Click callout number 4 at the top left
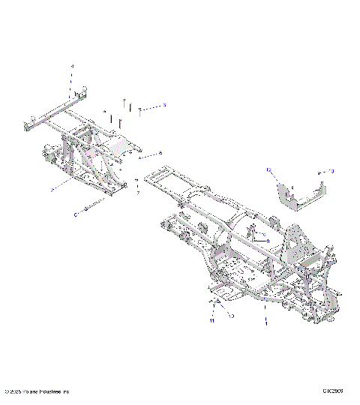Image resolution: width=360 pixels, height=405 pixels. [73, 67]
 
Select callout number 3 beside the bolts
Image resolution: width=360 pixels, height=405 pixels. [165, 105]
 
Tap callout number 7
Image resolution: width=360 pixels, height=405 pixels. [137, 193]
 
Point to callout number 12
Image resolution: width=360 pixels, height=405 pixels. [267, 172]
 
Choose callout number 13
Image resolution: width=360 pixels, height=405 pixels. [332, 172]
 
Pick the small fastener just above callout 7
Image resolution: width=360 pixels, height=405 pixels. [137, 181]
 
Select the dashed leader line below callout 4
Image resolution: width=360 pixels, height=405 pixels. [73, 81]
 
